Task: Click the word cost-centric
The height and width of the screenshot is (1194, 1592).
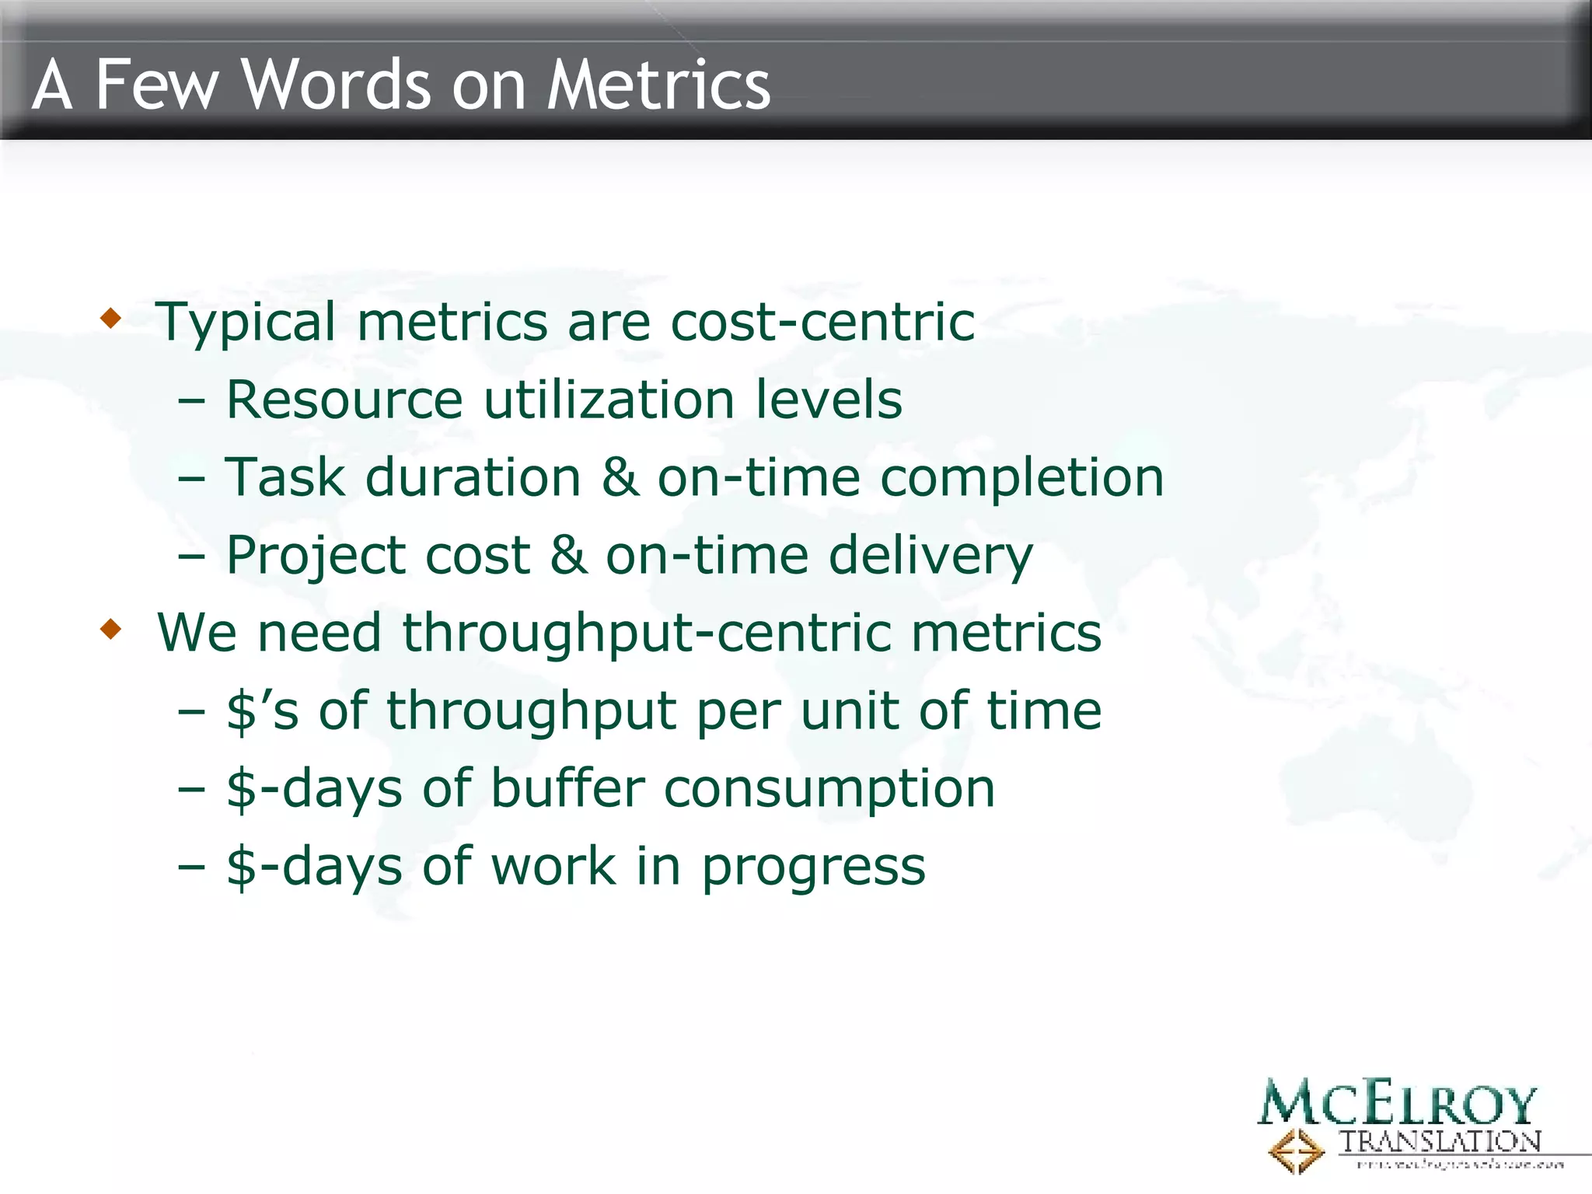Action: (x=822, y=321)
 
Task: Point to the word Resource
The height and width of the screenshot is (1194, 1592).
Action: (x=344, y=399)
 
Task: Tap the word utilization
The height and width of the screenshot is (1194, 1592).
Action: (x=609, y=399)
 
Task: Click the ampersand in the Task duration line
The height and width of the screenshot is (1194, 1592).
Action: (x=620, y=477)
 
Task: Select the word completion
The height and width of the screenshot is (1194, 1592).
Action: (x=1021, y=477)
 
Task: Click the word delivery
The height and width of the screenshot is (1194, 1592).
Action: (x=930, y=556)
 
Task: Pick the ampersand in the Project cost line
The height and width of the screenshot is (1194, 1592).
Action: (x=568, y=554)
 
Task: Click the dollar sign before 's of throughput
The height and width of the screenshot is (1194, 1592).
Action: (x=241, y=711)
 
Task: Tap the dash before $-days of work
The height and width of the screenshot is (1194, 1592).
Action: (x=191, y=866)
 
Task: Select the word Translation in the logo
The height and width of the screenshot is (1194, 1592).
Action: (x=1440, y=1142)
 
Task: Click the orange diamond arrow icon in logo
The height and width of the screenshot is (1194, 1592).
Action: (x=1296, y=1151)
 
